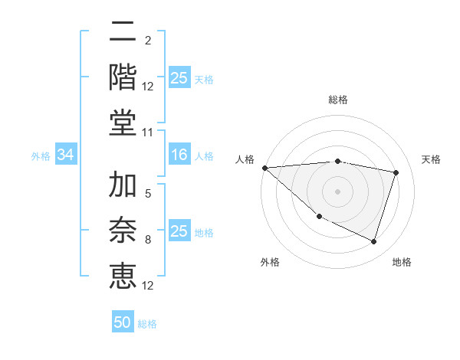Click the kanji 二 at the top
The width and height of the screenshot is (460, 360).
click(123, 33)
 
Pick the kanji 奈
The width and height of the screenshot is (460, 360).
click(123, 229)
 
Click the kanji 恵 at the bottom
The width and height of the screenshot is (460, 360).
click(123, 273)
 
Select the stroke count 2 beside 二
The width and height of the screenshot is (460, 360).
click(148, 41)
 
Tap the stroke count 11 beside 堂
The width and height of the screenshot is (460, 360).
click(148, 133)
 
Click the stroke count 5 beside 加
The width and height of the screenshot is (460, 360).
click(148, 195)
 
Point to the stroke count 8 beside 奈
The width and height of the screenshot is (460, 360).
click(148, 240)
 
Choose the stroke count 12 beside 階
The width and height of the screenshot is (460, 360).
click(148, 87)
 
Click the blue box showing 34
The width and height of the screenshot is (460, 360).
click(65, 155)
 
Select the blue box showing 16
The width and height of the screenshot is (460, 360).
click(179, 155)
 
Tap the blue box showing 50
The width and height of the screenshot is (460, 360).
click(123, 322)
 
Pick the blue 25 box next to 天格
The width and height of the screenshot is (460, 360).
click(179, 77)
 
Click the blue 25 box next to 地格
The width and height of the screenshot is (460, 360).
click(179, 231)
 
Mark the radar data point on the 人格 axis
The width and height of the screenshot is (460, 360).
click(265, 168)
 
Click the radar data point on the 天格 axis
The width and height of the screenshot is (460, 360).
click(396, 172)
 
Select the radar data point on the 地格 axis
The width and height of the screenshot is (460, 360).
click(374, 242)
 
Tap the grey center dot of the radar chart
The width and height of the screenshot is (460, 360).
click(337, 191)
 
